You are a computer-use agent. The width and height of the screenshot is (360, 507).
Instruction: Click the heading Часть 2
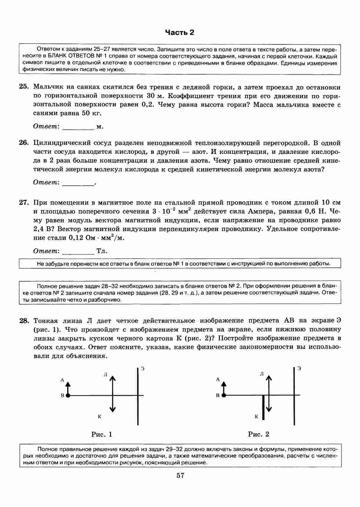point(179,32)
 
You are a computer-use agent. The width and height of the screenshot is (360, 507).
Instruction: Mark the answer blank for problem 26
point(78,183)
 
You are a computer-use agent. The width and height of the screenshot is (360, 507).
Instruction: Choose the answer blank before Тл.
point(78,251)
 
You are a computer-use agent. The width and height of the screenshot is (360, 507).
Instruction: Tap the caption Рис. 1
point(102,434)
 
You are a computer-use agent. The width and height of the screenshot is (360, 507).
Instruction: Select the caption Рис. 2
point(258,434)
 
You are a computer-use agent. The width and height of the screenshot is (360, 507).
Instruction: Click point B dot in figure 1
point(68,395)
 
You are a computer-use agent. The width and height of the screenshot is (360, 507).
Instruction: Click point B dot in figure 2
point(224,395)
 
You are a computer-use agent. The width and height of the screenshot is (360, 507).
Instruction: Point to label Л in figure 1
point(105,375)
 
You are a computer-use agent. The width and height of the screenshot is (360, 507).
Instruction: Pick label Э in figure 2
point(300,368)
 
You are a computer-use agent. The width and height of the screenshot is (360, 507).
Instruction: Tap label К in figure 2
point(256,417)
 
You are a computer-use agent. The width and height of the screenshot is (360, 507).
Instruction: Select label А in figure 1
point(62,380)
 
